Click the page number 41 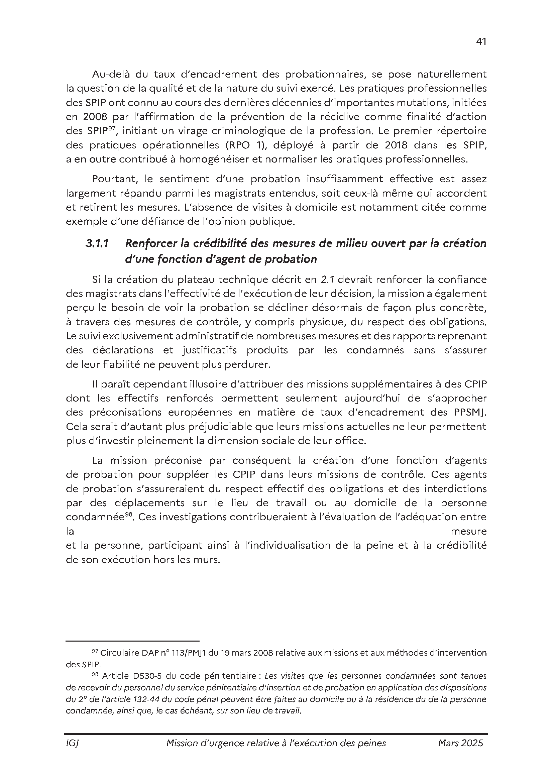[x=481, y=41]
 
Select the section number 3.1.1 [x=97, y=243]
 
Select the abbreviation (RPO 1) [x=243, y=145]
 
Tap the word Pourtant [x=114, y=179]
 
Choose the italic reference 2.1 [x=328, y=280]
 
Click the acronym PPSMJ [x=470, y=412]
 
